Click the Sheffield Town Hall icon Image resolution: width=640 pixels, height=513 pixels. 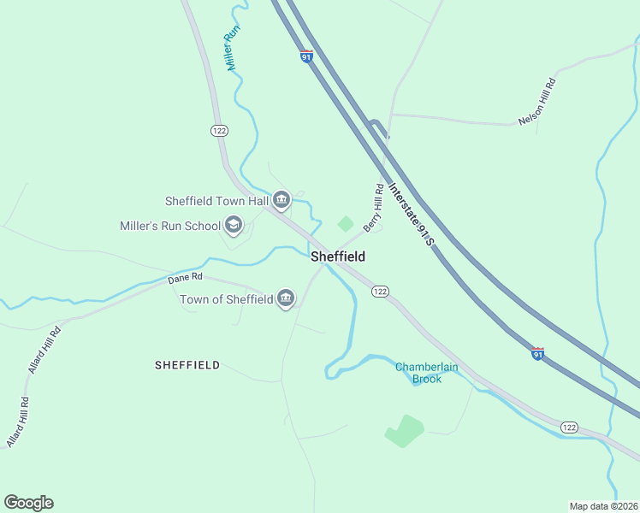pos(281,201)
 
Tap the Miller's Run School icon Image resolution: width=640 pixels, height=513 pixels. pos(233,226)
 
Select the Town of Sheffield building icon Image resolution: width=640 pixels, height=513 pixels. pos(286,298)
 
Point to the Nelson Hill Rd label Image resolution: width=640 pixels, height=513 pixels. pos(537,103)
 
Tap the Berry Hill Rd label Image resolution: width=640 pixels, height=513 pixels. pos(372,208)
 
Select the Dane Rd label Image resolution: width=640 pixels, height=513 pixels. pos(185,278)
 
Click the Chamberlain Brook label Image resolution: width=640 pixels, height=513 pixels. pos(426,373)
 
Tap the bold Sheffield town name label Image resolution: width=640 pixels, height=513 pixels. pos(338,256)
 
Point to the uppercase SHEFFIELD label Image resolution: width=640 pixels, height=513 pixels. pos(187,365)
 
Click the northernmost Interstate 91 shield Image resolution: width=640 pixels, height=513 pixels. pos(306,56)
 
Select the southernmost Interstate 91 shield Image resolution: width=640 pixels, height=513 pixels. pos(537,353)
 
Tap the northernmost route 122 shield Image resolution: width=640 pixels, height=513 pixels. pos(219,129)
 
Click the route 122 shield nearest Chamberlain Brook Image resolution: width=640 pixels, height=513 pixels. pos(381,292)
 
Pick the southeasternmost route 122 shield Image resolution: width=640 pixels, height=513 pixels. pos(571,426)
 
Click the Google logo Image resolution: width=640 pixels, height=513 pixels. pos(28,503)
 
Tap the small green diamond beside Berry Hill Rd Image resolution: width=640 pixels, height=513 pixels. pos(346,224)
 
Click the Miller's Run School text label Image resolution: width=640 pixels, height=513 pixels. pos(170,227)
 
